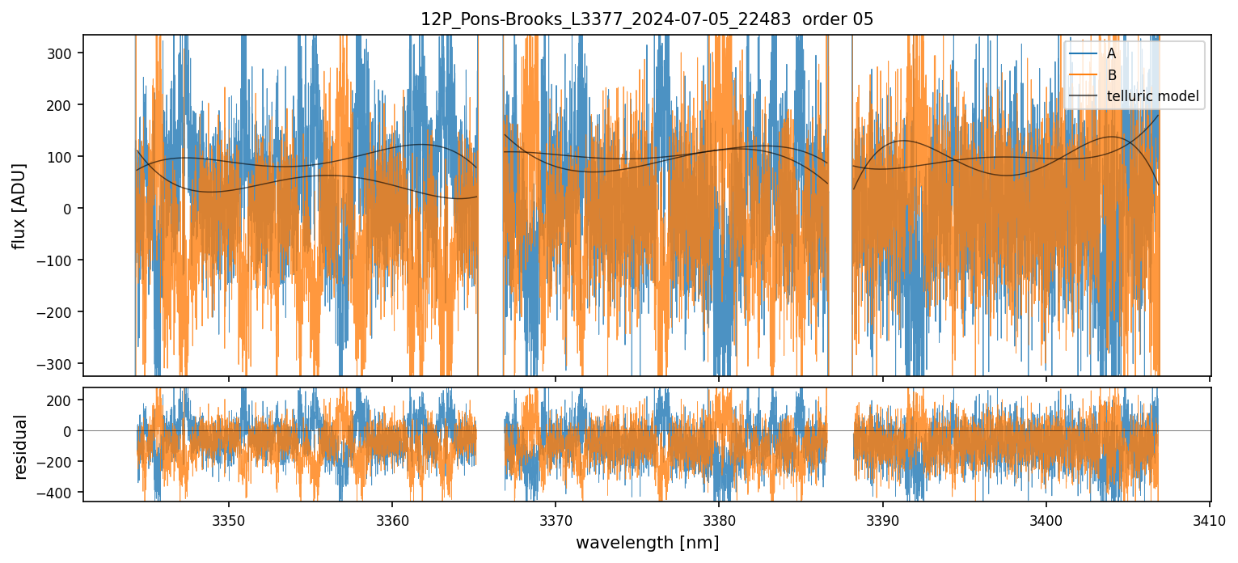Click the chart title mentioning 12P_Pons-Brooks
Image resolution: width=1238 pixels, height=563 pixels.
(x=647, y=19)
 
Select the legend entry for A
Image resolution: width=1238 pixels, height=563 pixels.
(x=1111, y=53)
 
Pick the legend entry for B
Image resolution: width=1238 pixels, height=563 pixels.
(x=1111, y=75)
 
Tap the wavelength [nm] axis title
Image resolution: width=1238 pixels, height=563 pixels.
(x=647, y=543)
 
